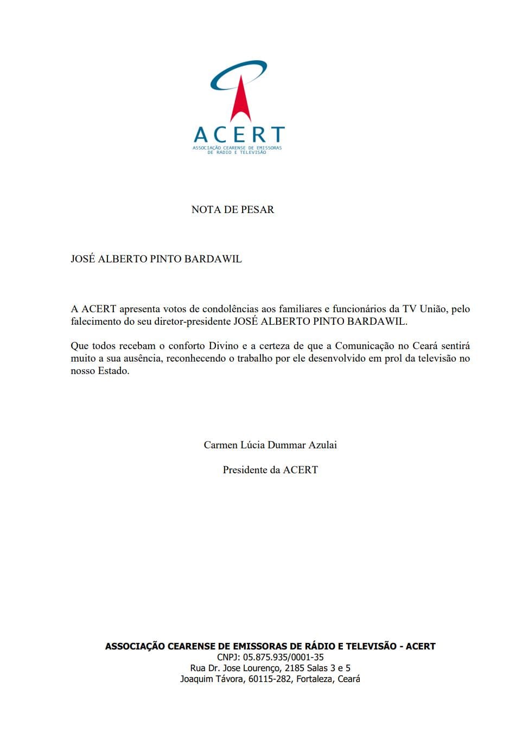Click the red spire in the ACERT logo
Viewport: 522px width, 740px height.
[x=239, y=104]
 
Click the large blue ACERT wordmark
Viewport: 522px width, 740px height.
[x=239, y=134]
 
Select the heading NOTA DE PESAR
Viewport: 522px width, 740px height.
[x=233, y=210]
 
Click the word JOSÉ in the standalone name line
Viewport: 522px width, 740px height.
[x=82, y=259]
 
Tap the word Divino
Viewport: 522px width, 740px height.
[x=220, y=346]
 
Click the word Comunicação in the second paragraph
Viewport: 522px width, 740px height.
[x=364, y=346]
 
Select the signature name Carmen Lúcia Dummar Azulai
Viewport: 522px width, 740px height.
[x=270, y=445]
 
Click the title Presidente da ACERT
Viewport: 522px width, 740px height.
[x=270, y=470]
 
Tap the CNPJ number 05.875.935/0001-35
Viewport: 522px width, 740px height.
[x=283, y=657]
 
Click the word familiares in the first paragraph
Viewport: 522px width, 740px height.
[x=300, y=309]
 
